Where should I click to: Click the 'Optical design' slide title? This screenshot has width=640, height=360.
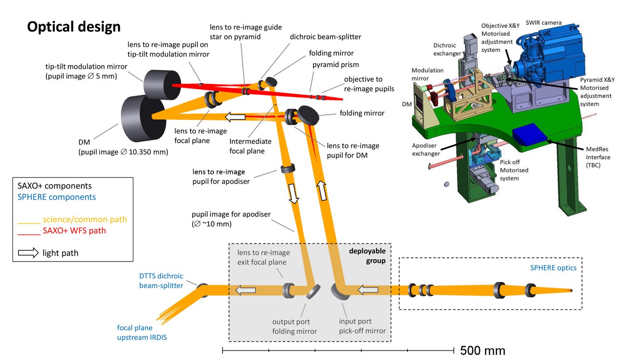click(x=73, y=27)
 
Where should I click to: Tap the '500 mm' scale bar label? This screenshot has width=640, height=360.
click(x=482, y=350)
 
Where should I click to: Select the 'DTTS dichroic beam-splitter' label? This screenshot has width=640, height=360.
click(x=161, y=281)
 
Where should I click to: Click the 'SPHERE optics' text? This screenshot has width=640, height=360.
click(x=553, y=268)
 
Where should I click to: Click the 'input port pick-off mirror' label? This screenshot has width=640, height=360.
click(x=362, y=326)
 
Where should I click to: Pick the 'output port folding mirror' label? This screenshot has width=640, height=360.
click(x=294, y=327)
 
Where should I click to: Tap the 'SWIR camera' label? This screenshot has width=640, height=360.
click(x=543, y=22)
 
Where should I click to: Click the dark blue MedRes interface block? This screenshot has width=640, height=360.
click(x=530, y=133)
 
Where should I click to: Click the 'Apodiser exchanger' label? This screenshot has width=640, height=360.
click(x=424, y=149)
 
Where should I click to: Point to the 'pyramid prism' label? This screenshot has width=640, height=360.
click(x=335, y=65)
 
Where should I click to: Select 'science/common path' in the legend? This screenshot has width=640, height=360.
click(x=84, y=219)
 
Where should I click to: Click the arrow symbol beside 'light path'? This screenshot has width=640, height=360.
click(x=28, y=253)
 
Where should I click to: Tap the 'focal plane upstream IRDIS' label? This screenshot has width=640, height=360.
click(x=142, y=333)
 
